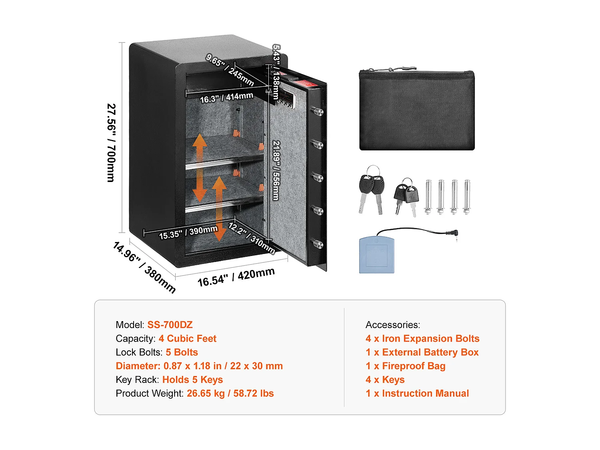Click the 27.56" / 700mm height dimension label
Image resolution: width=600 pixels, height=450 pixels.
click(x=112, y=143)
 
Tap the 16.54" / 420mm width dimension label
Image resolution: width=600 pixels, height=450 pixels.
click(x=236, y=277)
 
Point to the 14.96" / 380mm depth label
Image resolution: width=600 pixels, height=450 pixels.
click(x=144, y=267)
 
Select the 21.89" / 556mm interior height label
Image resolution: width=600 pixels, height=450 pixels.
click(x=277, y=170)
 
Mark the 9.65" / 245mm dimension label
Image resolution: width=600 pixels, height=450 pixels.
click(x=230, y=70)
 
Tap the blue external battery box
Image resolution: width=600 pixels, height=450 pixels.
click(x=377, y=255)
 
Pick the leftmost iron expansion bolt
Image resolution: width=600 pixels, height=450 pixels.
click(x=428, y=197)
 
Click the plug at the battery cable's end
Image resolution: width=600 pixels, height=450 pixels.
click(x=454, y=234)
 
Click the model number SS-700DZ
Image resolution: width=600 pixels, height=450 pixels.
click(x=170, y=324)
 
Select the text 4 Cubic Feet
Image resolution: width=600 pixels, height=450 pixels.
click(x=188, y=338)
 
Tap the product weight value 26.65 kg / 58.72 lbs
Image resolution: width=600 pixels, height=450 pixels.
click(x=230, y=393)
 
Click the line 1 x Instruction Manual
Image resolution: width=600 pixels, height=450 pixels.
click(x=417, y=393)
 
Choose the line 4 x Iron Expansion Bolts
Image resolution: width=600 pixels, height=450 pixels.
click(x=422, y=338)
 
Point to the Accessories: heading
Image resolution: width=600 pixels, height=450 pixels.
click(x=393, y=324)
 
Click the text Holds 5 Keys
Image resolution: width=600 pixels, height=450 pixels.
click(x=193, y=380)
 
